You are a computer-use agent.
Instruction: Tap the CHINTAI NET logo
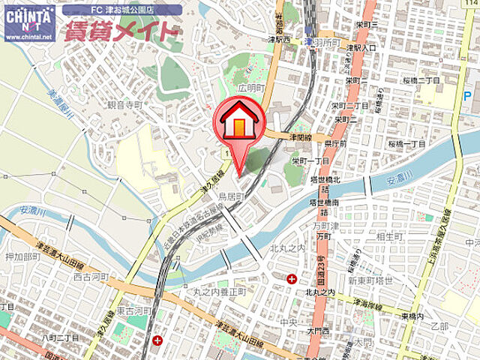[x=28, y=21]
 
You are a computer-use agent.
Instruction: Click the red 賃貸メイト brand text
[x=122, y=31]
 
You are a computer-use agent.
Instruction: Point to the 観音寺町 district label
[x=124, y=106]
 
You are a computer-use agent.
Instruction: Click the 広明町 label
[x=251, y=88]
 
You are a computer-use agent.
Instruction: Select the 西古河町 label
[x=90, y=277]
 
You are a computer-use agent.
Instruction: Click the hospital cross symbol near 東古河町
[x=157, y=340]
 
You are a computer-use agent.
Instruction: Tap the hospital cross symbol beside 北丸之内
[x=291, y=279]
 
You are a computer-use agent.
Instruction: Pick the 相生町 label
[x=391, y=237]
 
